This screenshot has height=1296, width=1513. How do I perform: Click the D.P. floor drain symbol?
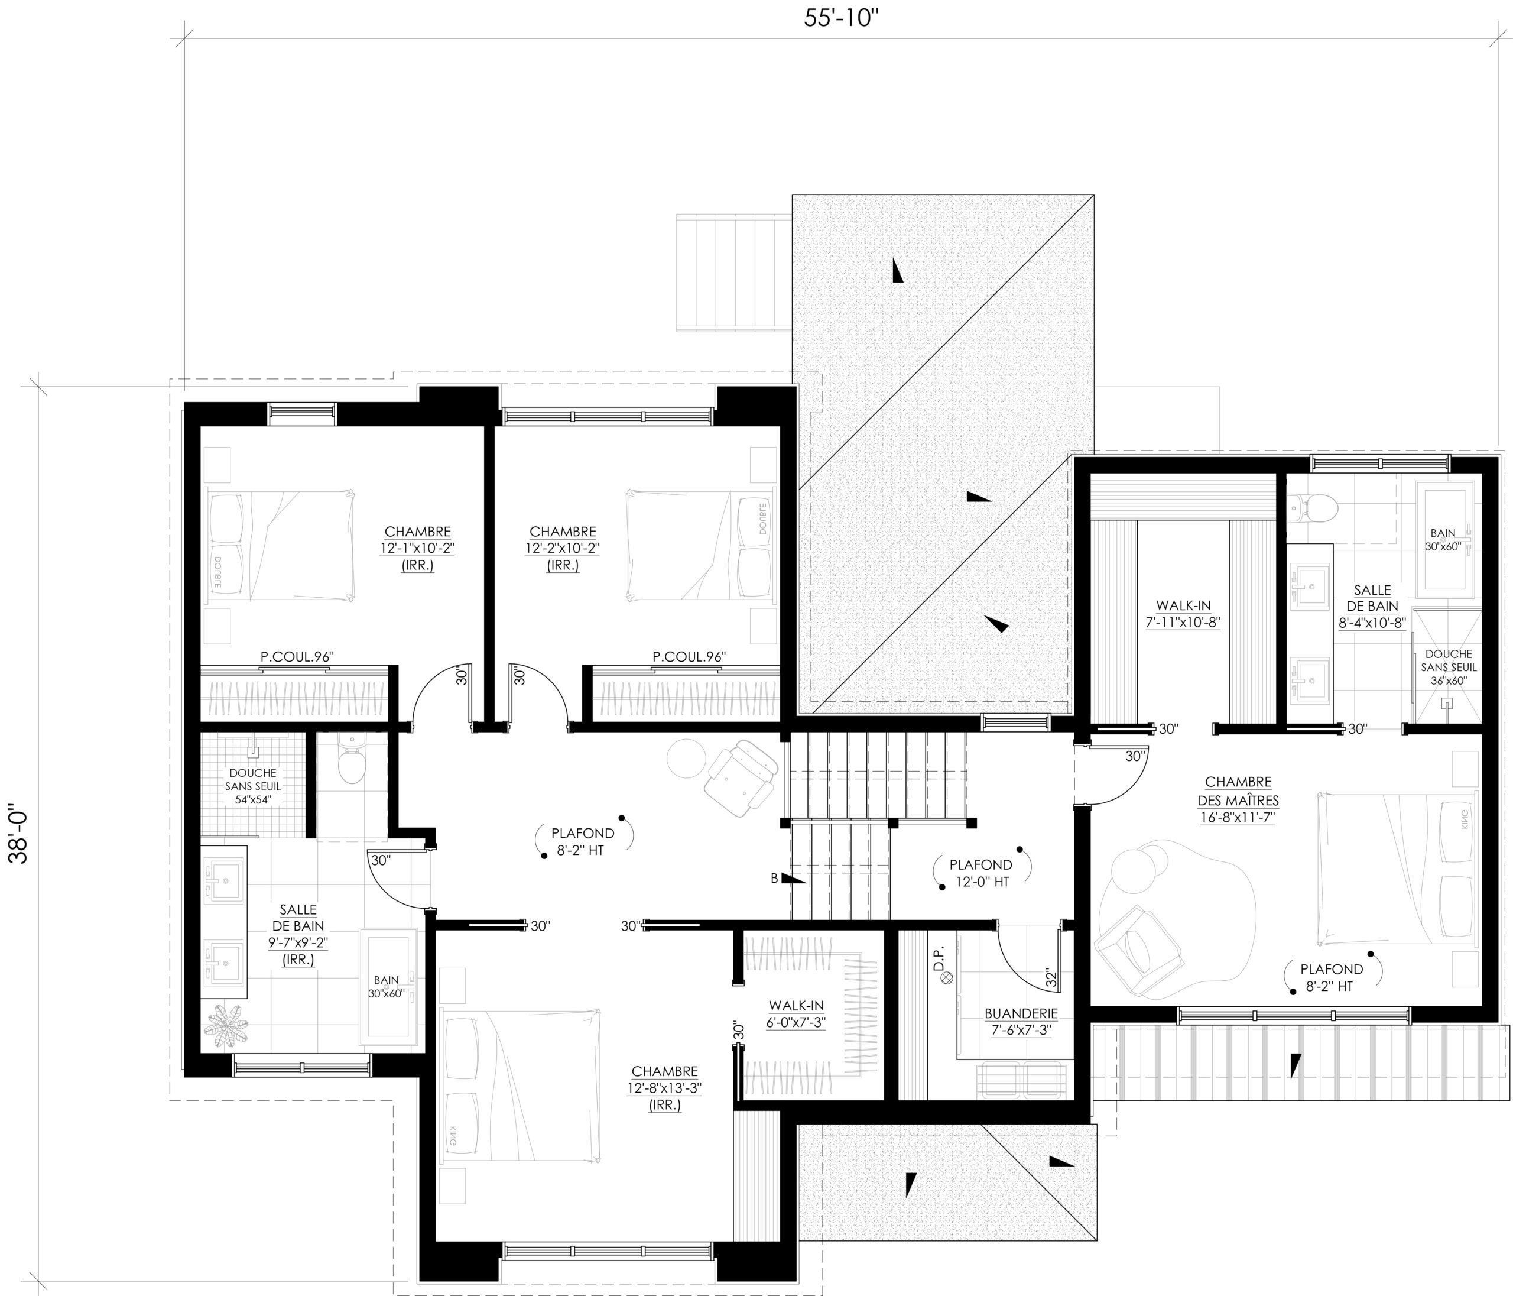947,976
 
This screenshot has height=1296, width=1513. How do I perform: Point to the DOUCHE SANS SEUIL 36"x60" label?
1449,667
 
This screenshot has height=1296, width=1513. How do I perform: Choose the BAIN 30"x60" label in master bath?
1443,540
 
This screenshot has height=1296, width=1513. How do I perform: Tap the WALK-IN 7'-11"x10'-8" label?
1183,614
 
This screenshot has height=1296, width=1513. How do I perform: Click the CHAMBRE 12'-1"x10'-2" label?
418,549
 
